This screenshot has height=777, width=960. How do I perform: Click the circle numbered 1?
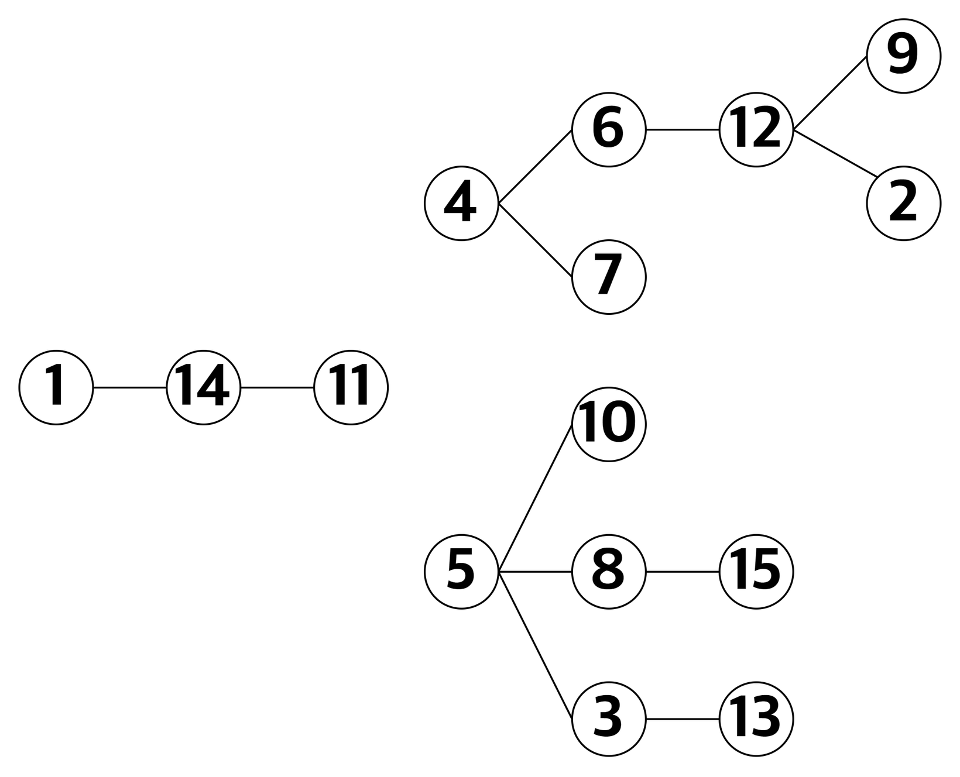[56, 387]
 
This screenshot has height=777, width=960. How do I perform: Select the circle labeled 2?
[903, 204]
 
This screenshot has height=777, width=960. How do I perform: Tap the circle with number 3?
[609, 719]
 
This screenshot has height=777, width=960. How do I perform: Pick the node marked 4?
[461, 204]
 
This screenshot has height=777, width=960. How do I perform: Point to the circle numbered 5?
[461, 572]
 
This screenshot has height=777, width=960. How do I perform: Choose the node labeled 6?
[609, 130]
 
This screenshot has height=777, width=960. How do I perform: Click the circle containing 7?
[609, 277]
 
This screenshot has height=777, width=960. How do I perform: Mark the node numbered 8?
[609, 572]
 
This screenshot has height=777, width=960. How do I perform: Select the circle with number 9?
[903, 56]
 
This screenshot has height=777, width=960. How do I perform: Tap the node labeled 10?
[609, 424]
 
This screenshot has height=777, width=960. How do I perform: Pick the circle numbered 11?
[351, 387]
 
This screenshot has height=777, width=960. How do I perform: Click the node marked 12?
[756, 130]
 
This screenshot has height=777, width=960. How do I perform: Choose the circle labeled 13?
[756, 719]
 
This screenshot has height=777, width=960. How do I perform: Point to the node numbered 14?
[204, 387]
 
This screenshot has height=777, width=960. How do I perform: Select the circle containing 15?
[756, 572]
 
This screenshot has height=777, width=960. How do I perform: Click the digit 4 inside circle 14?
[212, 386]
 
